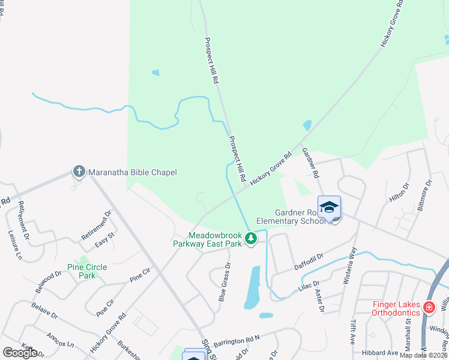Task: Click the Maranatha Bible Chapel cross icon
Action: (79, 172)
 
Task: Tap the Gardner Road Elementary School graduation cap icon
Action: (329, 208)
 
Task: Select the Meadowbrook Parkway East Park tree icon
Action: (251, 239)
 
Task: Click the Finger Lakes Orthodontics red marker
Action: (429, 308)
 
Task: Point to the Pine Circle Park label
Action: (87, 271)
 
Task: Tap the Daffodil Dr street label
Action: (308, 261)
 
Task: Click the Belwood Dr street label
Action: (49, 282)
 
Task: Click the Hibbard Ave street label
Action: (381, 353)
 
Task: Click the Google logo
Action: (20, 353)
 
